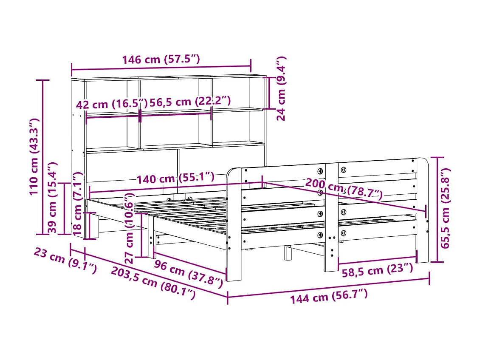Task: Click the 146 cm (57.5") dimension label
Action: (x=161, y=59)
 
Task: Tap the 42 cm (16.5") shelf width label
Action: (x=112, y=104)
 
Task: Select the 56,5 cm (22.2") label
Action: (x=191, y=102)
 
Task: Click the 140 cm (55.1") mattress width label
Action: (x=175, y=179)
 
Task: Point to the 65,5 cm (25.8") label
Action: (x=444, y=208)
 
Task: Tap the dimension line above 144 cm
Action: (x=328, y=287)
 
